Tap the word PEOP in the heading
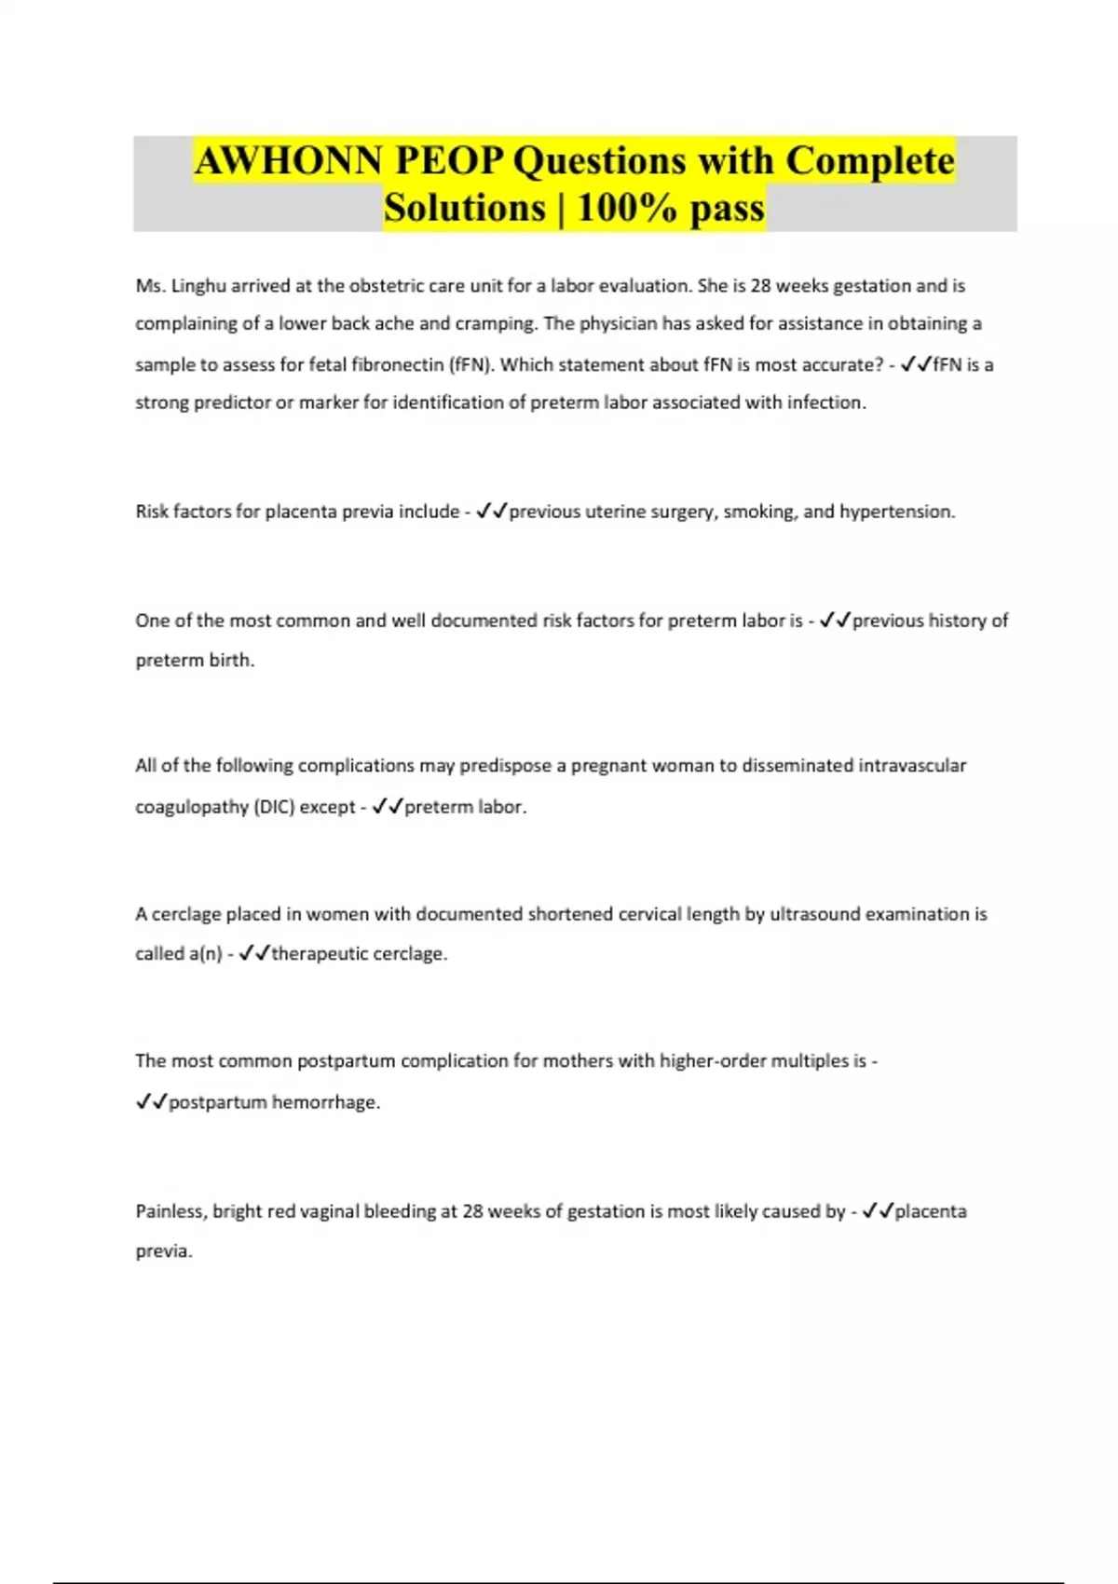click(x=448, y=160)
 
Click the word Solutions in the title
click(x=464, y=207)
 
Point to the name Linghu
click(x=198, y=286)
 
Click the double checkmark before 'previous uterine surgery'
click(x=490, y=511)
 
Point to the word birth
click(x=232, y=660)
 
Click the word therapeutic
click(x=316, y=954)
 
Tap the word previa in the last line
click(x=163, y=1251)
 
